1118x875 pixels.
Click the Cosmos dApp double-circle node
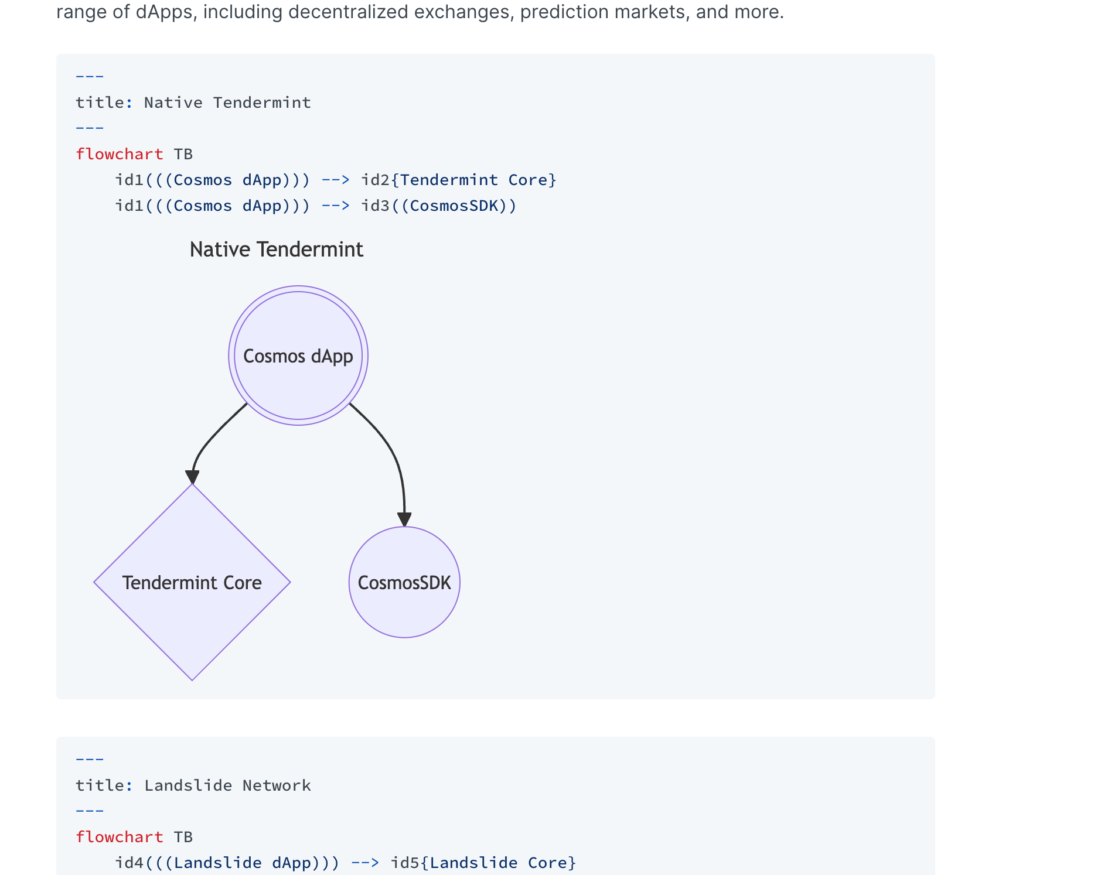(x=298, y=356)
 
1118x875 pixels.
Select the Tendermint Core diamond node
(x=192, y=582)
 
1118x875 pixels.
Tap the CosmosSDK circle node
(x=404, y=582)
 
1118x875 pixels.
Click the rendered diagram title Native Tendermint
(x=277, y=249)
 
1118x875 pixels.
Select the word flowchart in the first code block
(x=120, y=154)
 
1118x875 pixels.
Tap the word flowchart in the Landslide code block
(x=120, y=837)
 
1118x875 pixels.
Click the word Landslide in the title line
(x=188, y=785)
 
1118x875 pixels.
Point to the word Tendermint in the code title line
(x=262, y=102)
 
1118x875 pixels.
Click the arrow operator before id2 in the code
(x=336, y=180)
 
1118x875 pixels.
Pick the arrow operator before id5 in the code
(x=365, y=863)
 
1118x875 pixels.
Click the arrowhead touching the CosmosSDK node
(x=404, y=519)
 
